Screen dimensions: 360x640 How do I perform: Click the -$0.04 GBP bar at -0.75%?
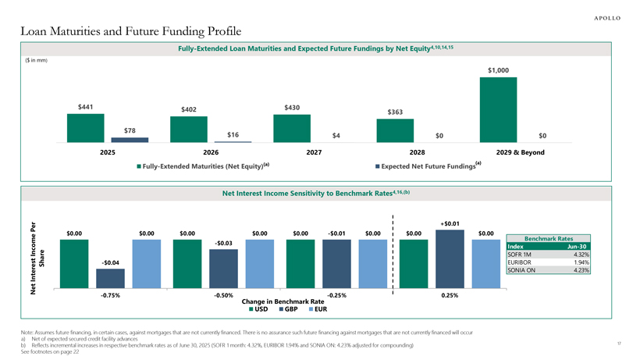click(110, 277)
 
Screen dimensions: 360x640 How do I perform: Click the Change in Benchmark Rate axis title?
click(283, 301)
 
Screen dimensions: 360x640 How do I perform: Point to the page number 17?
click(618, 341)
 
